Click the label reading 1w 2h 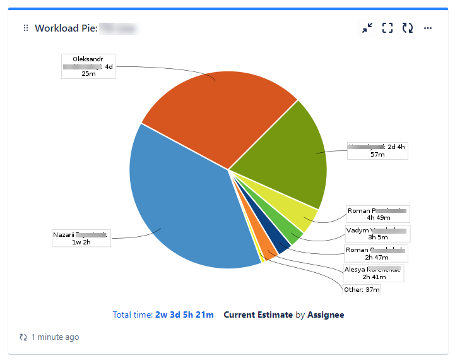coord(80,238)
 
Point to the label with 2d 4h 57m coord(378,150)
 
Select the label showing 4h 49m coord(378,214)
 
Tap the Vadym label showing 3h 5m coord(377,234)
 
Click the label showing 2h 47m coord(377,253)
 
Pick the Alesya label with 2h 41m coord(373,273)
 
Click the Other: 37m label coord(362,290)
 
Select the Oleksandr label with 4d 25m coord(88,66)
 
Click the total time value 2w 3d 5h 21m coord(184,315)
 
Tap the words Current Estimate coord(258,315)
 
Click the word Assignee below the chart coord(326,315)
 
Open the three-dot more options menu coord(428,28)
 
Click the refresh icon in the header coord(408,28)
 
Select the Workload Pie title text coord(65,28)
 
